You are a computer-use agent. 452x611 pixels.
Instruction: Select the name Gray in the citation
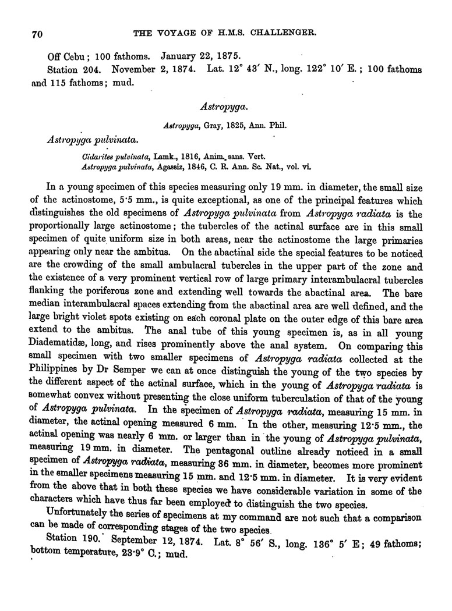coord(211,124)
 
